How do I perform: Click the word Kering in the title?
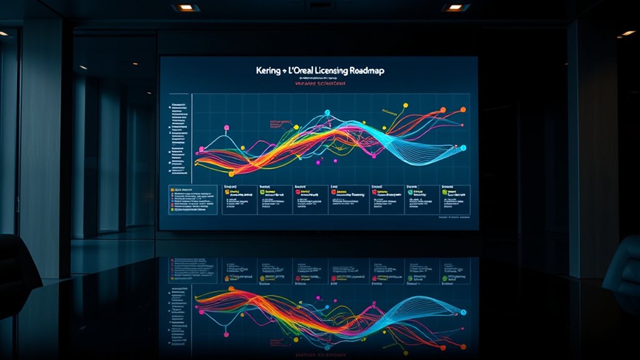[269, 71]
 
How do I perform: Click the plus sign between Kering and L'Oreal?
[286, 72]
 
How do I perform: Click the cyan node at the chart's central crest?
[327, 113]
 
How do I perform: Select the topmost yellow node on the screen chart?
[406, 105]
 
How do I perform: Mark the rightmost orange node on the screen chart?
[444, 110]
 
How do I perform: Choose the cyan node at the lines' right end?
[464, 148]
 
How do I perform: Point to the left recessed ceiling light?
[185, 8]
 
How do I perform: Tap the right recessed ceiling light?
[455, 8]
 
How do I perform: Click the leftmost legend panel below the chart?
[191, 199]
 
